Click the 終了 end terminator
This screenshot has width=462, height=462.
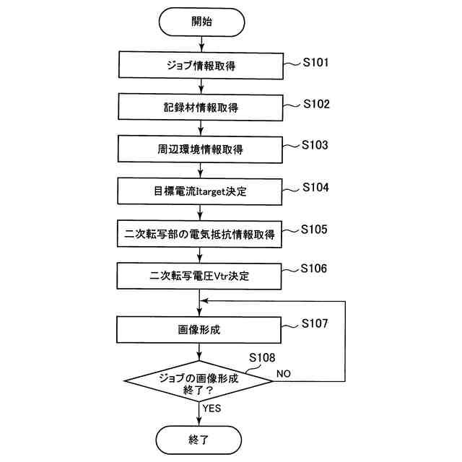[199, 437]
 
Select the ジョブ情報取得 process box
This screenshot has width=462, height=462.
[199, 66]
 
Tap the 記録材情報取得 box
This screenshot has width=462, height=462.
[199, 108]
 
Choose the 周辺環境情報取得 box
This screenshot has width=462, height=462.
[199, 149]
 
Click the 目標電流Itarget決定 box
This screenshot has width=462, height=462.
[199, 191]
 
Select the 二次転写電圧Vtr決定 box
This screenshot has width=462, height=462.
[199, 275]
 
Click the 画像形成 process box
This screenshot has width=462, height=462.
[199, 330]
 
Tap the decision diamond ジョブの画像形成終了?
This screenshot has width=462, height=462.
[199, 380]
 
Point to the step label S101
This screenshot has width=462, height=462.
[315, 63]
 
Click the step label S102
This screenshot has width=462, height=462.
[315, 104]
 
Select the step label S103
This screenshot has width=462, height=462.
[315, 145]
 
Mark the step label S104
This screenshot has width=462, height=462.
[315, 187]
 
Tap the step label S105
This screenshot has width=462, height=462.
[315, 229]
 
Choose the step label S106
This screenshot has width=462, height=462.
[315, 269]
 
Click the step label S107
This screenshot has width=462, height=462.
[315, 323]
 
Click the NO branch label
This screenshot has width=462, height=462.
[284, 373]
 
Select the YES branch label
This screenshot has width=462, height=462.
[212, 408]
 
